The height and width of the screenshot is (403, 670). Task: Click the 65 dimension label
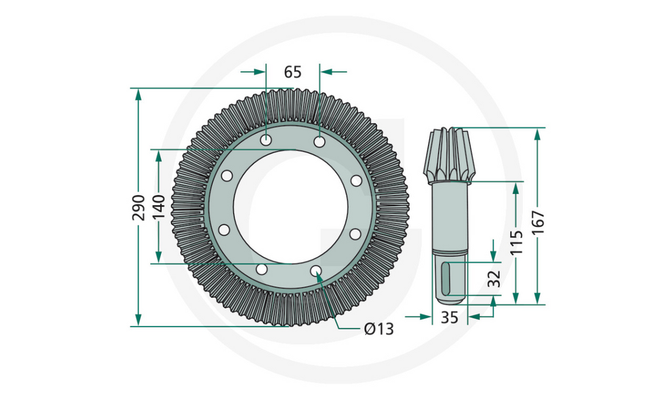pos(292,72)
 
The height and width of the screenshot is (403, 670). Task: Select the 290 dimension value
pos(139,207)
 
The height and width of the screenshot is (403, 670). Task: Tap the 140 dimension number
pos(158,207)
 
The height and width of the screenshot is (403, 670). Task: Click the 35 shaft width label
pos(449,317)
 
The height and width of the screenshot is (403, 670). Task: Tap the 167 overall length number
pos(537,222)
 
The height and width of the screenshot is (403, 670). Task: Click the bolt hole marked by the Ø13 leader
pos(316,271)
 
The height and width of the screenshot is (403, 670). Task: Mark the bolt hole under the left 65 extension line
pos(266,140)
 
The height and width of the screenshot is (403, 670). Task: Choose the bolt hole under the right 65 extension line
pos(319,142)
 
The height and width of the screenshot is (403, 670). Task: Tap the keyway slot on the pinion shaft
pos(445,278)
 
